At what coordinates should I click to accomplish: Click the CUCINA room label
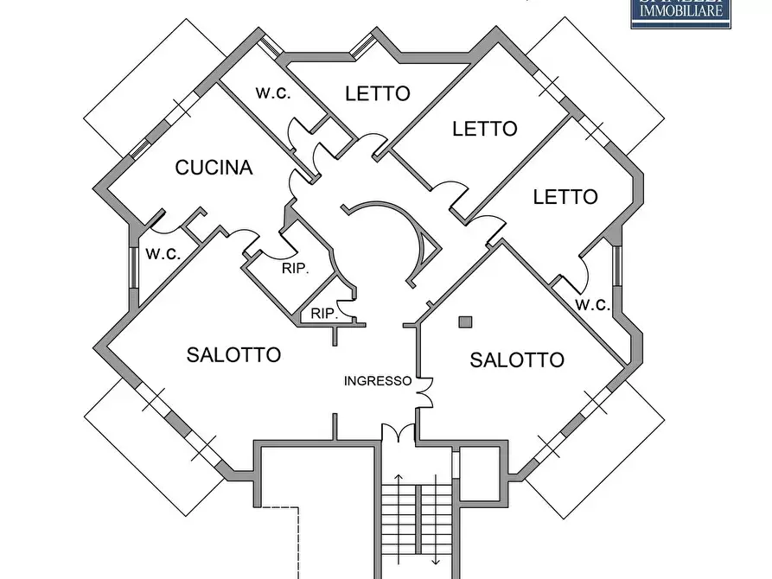214,168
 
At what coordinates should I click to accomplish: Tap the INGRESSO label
378,380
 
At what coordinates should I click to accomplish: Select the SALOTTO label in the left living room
233,354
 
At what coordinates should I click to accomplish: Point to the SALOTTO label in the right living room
517,360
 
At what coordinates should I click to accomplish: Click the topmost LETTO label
377,93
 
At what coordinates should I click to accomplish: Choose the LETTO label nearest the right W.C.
565,197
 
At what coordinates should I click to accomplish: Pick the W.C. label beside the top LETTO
273,93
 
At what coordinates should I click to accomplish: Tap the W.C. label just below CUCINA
163,254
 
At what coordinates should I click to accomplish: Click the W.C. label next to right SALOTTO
593,304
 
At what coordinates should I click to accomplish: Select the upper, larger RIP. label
295,269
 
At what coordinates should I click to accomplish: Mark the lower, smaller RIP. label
323,314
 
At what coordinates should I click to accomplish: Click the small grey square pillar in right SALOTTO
465,322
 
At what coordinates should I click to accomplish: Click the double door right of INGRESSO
424,392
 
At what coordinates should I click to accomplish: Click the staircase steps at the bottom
418,527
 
